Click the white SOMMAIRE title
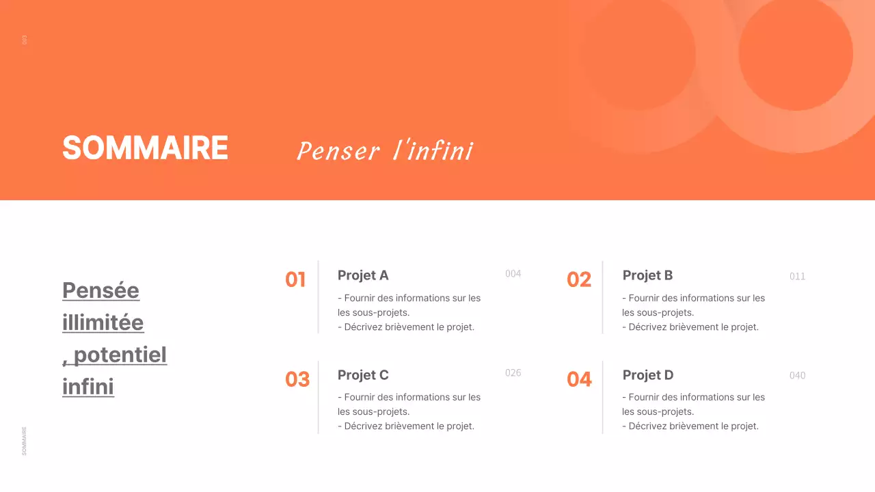point(145,148)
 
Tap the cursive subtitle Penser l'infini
point(385,151)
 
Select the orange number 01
point(295,279)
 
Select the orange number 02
point(579,279)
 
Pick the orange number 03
point(297,379)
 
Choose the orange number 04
point(579,379)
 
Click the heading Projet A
point(363,275)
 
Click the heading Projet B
point(647,275)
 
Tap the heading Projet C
point(363,375)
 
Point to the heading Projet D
point(648,375)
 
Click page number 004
point(513,274)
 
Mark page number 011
point(797,277)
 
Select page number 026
point(513,373)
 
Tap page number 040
point(797,376)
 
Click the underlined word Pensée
point(100,290)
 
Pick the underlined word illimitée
point(103,323)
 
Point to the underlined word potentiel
point(120,355)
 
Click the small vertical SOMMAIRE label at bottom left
point(25,441)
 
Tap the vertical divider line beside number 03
point(319,397)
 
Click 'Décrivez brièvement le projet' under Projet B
point(690,327)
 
